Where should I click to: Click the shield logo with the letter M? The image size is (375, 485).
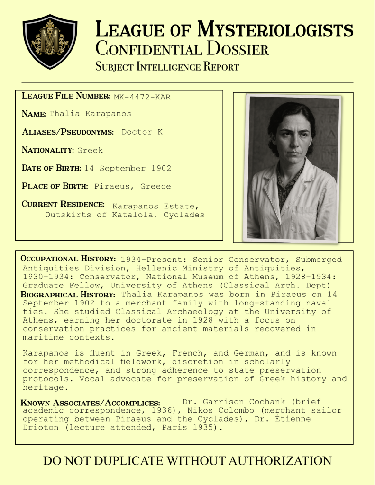tap(50, 41)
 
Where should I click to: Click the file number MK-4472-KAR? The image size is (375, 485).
tap(142, 97)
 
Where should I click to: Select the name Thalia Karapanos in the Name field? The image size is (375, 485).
tap(90, 114)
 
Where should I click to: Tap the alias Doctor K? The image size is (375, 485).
tap(142, 132)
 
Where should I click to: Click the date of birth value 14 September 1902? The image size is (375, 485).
tap(128, 168)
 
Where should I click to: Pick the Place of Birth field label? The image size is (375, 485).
tap(55, 186)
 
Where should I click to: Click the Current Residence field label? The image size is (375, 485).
tap(63, 204)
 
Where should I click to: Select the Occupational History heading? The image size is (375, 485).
tap(68, 259)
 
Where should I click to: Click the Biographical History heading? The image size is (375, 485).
tap(68, 295)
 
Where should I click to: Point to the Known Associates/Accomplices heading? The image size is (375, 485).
tap(91, 403)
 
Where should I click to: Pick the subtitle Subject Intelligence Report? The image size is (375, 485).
tap(167, 67)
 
